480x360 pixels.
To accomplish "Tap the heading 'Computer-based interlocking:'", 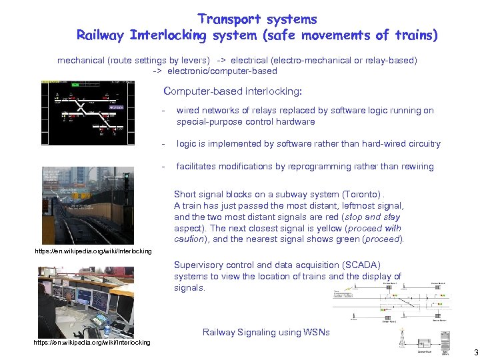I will (232, 91).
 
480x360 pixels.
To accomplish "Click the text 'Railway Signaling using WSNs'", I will (265, 332).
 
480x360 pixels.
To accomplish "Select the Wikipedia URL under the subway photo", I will (93, 251).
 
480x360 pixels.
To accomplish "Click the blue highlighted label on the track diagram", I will (117, 107).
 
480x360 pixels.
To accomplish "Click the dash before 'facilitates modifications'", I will (163, 166).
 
